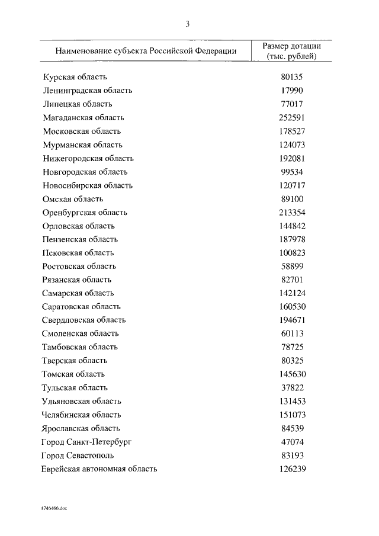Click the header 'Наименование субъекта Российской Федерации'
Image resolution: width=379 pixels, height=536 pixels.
pos(146,51)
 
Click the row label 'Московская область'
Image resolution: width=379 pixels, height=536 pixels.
pos(82,131)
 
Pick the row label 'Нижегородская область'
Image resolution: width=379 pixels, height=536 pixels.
pos(88,158)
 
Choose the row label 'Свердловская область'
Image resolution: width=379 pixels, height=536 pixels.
pos(84,320)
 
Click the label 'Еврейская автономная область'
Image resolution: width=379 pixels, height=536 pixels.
pos(99,468)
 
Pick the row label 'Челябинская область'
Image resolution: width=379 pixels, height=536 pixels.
pos(82,415)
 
